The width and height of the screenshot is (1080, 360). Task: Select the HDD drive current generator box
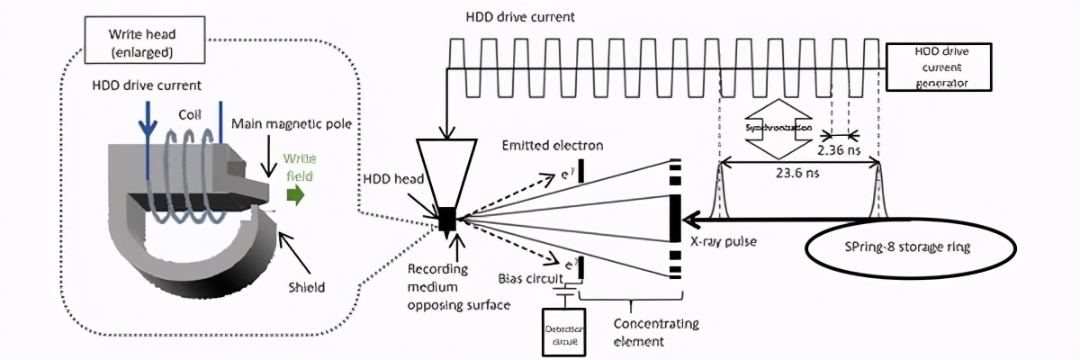point(941,67)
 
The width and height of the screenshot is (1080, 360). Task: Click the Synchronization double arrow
point(779,129)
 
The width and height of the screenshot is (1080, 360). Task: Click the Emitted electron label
point(553,145)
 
